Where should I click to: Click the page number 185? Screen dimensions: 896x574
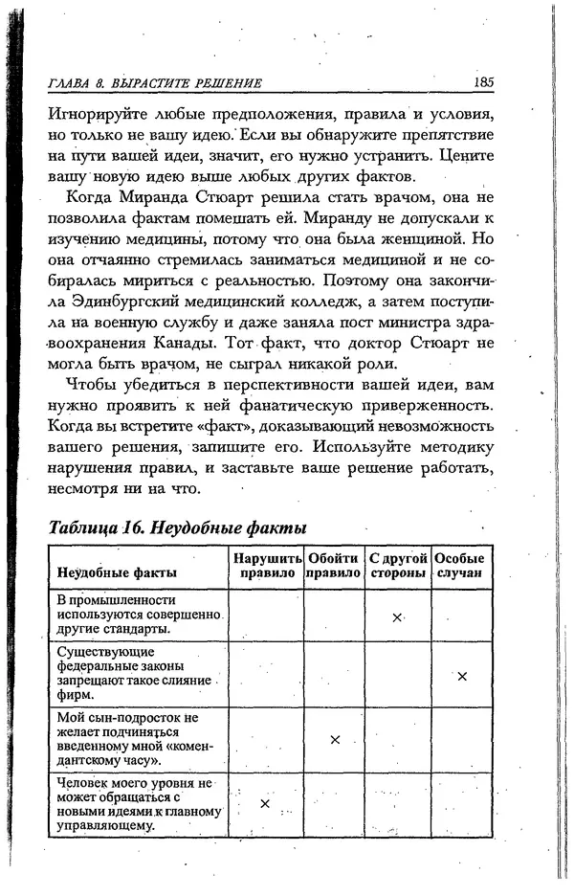point(482,82)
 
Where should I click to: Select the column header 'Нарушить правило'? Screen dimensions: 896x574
point(265,566)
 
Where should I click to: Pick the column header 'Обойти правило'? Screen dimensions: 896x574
point(334,566)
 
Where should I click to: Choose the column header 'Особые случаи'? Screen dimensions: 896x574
point(459,566)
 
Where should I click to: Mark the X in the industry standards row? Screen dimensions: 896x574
point(397,617)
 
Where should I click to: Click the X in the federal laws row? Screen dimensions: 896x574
point(461,676)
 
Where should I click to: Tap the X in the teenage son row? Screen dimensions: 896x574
point(334,739)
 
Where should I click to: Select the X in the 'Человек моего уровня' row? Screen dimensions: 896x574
point(265,803)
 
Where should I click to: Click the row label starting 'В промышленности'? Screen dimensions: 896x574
point(139,614)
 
